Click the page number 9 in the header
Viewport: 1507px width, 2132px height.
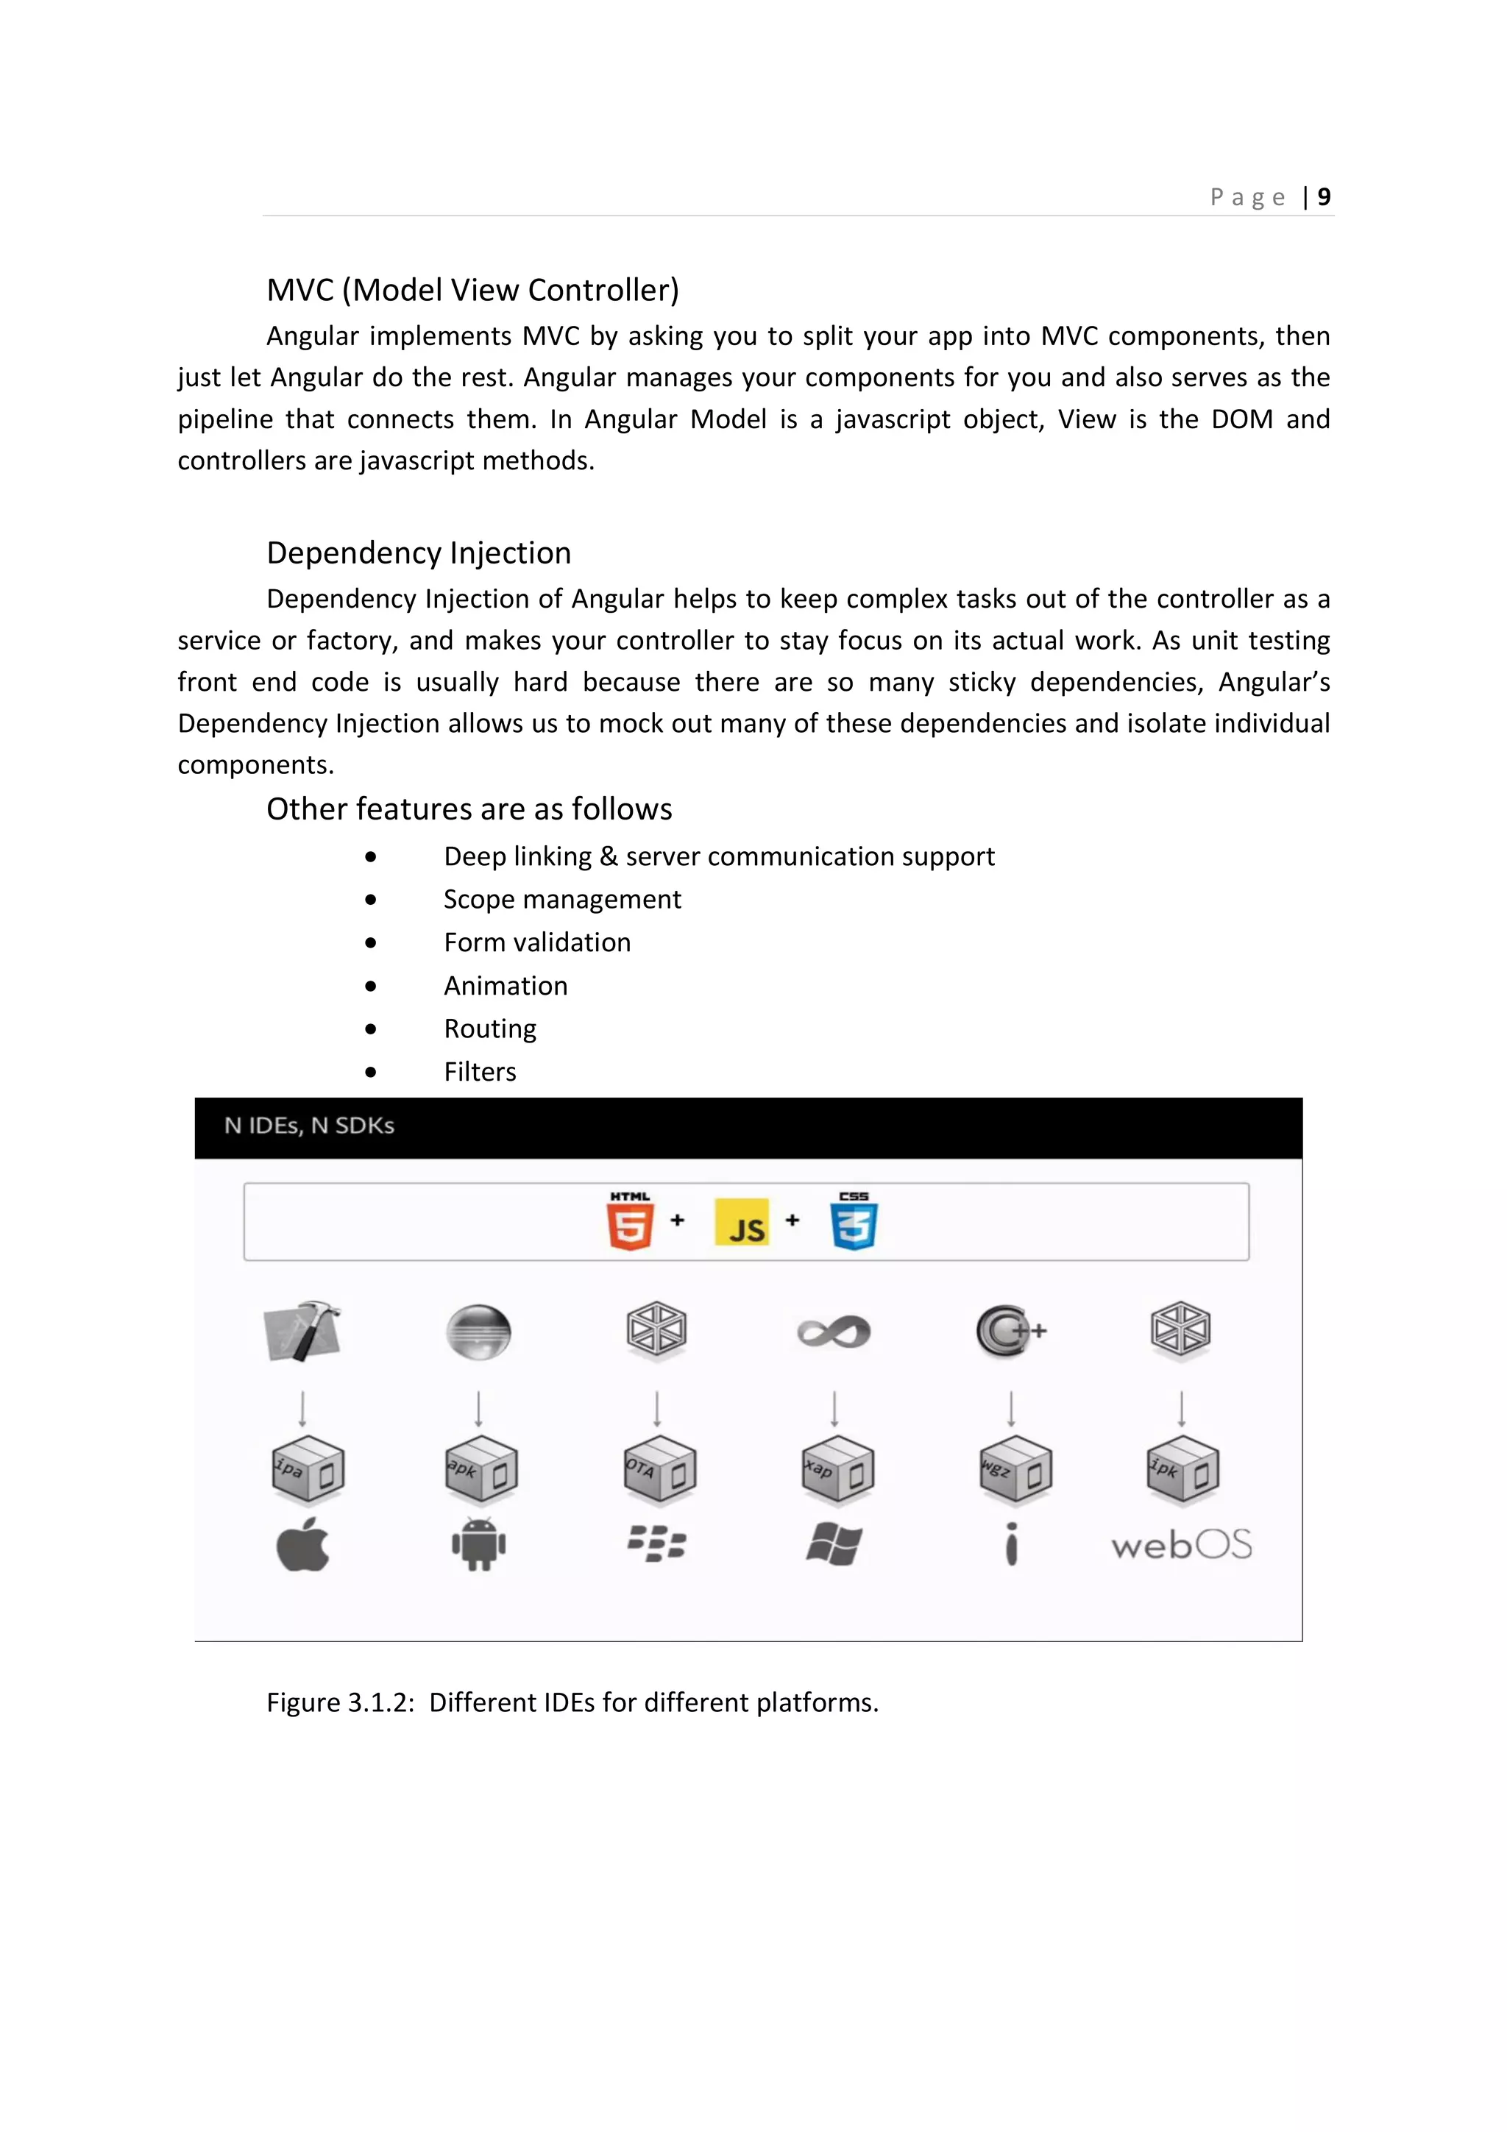1324,197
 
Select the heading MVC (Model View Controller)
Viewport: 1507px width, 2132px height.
472,290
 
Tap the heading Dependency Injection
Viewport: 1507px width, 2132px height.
419,552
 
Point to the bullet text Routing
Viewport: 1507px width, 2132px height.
489,1029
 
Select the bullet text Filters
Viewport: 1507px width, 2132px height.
479,1072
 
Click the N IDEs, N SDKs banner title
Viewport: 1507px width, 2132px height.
309,1126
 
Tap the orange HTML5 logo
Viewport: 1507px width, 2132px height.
631,1222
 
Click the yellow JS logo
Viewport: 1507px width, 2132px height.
742,1223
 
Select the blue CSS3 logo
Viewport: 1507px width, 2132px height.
854,1222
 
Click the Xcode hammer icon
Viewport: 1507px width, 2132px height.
302,1331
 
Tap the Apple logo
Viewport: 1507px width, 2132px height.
302,1545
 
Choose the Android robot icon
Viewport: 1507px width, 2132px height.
478,1545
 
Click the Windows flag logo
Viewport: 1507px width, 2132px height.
834,1545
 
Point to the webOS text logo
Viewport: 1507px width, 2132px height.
1181,1545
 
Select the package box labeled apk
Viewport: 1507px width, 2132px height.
480,1469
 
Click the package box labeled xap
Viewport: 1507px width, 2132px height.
837,1469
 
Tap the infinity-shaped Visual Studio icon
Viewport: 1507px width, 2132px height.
834,1332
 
